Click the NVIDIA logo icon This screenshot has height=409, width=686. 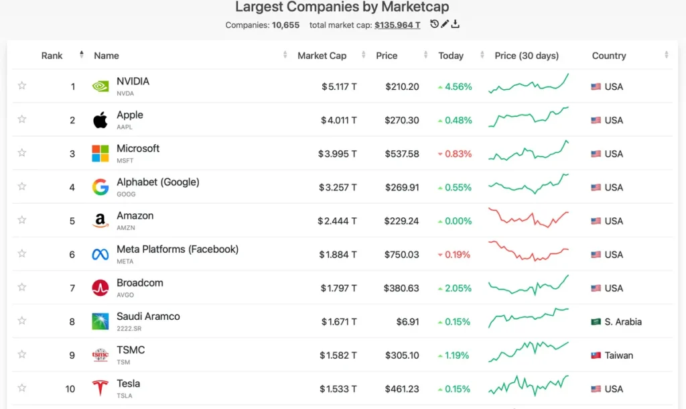[x=100, y=86]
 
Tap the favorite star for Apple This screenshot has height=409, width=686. [x=22, y=119]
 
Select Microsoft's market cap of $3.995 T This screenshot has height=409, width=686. [x=338, y=154]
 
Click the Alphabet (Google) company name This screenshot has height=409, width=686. [x=158, y=182]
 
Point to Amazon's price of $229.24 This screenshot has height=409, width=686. [x=402, y=221]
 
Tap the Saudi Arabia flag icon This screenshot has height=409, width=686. [x=596, y=322]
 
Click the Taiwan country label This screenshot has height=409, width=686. [x=618, y=355]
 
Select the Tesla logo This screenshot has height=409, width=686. [x=100, y=388]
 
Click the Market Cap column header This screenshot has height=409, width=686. [x=322, y=56]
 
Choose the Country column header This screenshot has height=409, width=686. [x=609, y=56]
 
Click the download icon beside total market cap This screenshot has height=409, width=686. [x=456, y=24]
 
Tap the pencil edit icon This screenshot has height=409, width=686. [x=445, y=24]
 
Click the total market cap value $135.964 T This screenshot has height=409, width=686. [x=397, y=25]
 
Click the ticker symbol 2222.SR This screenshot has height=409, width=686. [x=129, y=329]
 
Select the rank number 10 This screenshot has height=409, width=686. [x=70, y=389]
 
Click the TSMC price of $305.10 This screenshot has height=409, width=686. [x=402, y=355]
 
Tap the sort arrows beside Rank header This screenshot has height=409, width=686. [x=81, y=55]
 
